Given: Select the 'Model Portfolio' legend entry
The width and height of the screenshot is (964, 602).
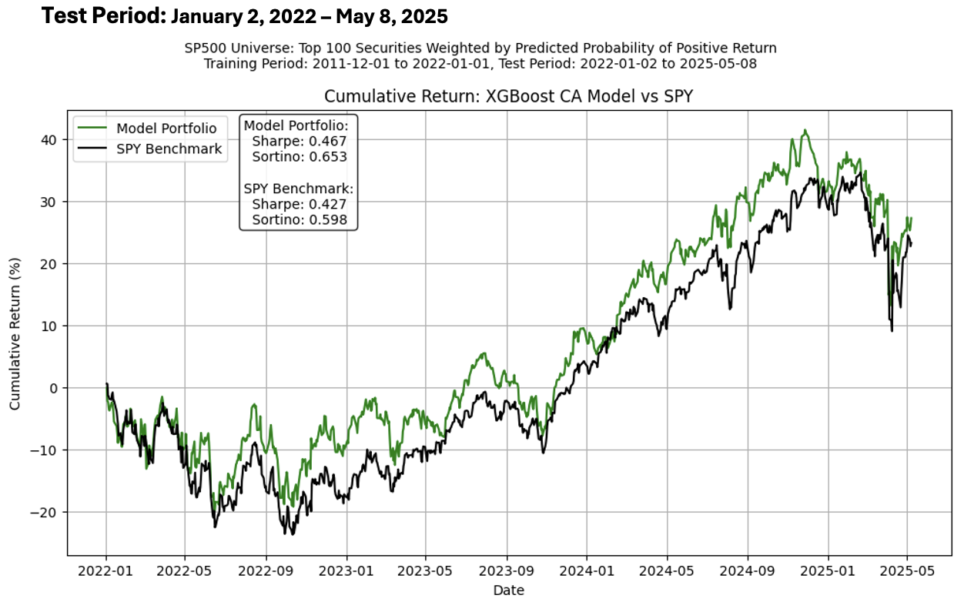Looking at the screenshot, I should (x=166, y=128).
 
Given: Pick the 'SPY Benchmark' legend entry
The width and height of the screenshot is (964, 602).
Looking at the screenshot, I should (x=169, y=149).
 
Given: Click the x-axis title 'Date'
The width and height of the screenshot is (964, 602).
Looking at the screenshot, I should (x=509, y=590).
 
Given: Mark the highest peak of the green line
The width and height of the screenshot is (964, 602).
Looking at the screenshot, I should (x=805, y=130).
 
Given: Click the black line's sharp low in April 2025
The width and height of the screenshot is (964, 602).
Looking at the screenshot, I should (x=892, y=331).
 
